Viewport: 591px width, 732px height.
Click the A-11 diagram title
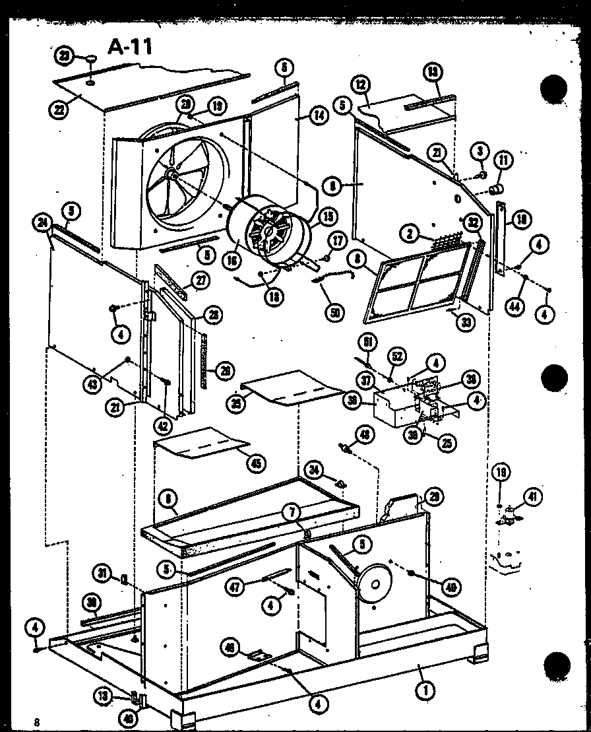point(129,48)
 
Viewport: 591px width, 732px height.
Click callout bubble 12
point(359,86)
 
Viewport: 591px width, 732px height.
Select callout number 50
point(336,313)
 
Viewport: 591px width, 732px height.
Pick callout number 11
point(504,159)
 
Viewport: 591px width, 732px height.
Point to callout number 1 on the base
point(427,690)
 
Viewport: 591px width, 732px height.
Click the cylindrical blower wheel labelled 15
point(270,234)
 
